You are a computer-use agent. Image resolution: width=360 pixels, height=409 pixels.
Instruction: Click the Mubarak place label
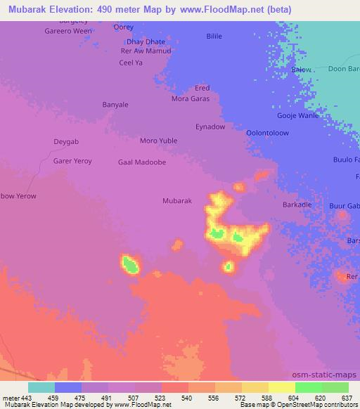coord(177,200)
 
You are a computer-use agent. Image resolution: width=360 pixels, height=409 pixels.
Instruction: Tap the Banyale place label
coord(115,105)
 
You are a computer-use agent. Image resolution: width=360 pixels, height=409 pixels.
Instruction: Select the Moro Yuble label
coord(158,141)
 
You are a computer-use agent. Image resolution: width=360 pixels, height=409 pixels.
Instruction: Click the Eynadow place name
coord(210,126)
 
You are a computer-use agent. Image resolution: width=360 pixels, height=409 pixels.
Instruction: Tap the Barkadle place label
coord(297,204)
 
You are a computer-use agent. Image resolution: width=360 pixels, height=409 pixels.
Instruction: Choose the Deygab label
coord(67,141)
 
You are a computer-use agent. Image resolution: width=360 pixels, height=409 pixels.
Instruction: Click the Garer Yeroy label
coord(72,161)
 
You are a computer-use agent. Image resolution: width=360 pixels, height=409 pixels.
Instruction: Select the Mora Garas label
coord(192,99)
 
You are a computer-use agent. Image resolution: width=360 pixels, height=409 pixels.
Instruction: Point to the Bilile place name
coord(214,35)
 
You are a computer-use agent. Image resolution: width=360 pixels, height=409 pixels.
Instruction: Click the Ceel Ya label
coord(131,62)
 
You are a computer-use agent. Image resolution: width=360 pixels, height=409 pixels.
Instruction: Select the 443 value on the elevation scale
coord(27,398)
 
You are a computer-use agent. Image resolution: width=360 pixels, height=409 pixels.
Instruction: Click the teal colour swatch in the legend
coord(41,387)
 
